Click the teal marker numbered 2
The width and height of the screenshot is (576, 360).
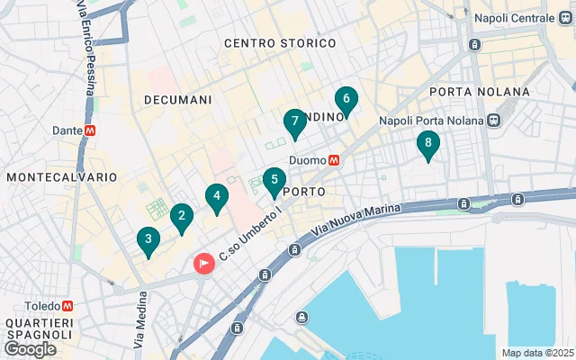[182, 217]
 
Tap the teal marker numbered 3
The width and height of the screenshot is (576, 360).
[148, 240]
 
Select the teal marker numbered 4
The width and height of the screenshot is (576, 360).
[216, 197]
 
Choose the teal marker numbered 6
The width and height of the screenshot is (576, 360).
[346, 101]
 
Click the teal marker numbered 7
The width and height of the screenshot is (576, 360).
[294, 122]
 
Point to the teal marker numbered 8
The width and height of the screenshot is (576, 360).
[428, 143]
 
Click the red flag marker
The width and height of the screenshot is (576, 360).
[204, 264]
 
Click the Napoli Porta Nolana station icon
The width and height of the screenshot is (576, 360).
[493, 121]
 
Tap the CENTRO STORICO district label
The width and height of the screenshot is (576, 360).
[279, 43]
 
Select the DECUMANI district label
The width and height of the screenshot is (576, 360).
[178, 99]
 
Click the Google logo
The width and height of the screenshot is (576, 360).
[30, 348]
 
